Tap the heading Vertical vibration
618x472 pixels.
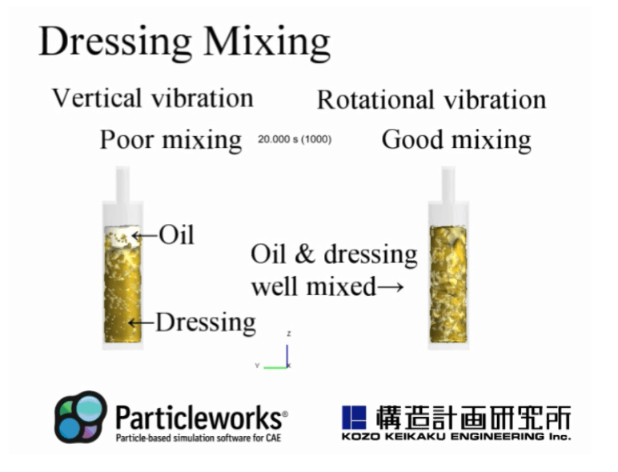click(153, 98)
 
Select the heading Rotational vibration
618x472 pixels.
click(431, 99)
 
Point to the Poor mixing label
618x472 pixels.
click(171, 139)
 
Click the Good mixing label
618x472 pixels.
click(456, 139)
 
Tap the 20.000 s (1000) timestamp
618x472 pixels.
click(295, 139)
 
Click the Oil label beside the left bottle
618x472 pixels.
click(177, 235)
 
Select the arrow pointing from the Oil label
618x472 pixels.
click(145, 236)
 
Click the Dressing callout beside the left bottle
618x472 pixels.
click(206, 322)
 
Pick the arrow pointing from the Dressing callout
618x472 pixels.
click(141, 323)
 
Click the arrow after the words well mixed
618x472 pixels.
click(391, 286)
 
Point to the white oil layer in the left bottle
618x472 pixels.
click(122, 236)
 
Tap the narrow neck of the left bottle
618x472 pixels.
click(122, 184)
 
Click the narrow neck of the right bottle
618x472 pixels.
click(448, 184)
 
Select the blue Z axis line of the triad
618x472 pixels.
click(287, 356)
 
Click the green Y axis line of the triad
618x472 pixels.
click(275, 367)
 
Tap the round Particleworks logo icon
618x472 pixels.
click(81, 417)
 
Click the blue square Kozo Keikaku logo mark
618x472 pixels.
click(354, 418)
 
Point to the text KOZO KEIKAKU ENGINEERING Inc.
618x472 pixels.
click(456, 436)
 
